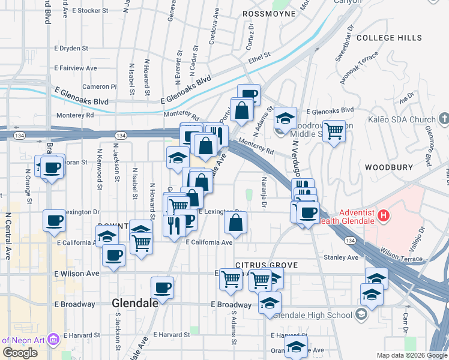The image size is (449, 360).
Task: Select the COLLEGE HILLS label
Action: click(x=389, y=38)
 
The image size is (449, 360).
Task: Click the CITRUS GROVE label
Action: click(x=259, y=265)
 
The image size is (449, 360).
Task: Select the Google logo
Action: click(x=20, y=352)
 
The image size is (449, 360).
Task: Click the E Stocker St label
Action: click(x=89, y=11)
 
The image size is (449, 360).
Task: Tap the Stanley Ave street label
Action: click(x=340, y=257)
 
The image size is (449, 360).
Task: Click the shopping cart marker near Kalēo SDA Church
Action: click(x=334, y=130)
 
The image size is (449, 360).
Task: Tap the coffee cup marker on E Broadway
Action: click(x=162, y=287)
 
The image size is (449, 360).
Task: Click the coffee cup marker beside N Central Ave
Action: click(x=53, y=220)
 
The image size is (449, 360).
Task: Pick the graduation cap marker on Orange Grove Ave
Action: click(x=295, y=346)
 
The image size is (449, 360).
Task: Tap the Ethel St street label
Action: click(x=260, y=58)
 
